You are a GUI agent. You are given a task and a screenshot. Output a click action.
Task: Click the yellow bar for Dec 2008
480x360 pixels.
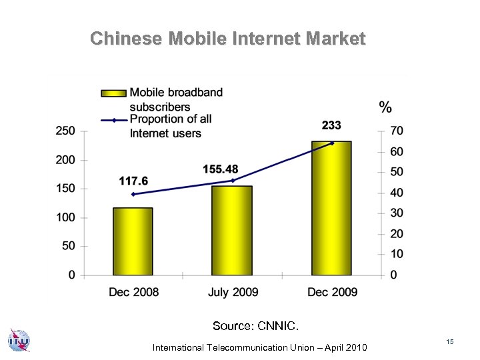pyautogui.click(x=133, y=241)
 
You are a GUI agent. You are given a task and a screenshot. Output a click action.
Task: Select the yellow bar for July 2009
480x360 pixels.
pyautogui.click(x=232, y=230)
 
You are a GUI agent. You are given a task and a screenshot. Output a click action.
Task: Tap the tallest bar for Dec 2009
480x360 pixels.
pyautogui.click(x=331, y=208)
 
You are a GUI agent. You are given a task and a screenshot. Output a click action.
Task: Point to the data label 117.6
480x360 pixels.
pyautogui.click(x=133, y=181)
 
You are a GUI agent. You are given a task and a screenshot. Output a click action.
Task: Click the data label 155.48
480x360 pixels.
pyautogui.click(x=221, y=169)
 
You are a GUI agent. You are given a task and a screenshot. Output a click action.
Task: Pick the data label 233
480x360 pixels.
pyautogui.click(x=331, y=125)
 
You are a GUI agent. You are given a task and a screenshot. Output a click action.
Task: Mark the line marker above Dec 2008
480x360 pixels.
pyautogui.click(x=133, y=194)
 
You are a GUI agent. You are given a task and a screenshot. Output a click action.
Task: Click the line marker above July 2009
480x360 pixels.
pyautogui.click(x=233, y=180)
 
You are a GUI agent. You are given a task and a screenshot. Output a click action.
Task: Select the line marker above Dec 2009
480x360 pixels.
pyautogui.click(x=332, y=143)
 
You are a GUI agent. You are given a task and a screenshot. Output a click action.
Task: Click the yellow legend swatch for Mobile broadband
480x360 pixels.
pyautogui.click(x=113, y=93)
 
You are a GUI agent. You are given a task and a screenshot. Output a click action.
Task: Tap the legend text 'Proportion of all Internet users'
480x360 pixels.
pyautogui.click(x=170, y=126)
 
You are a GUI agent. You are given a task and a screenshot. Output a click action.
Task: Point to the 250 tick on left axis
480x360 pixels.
pyautogui.click(x=65, y=131)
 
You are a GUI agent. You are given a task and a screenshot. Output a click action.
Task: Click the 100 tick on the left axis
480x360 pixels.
pyautogui.click(x=65, y=217)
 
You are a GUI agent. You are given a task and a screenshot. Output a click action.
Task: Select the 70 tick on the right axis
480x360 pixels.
pyautogui.click(x=397, y=131)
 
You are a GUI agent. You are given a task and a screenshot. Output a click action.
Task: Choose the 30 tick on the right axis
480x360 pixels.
pyautogui.click(x=397, y=213)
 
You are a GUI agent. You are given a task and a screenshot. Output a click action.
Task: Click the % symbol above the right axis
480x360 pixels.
pyautogui.click(x=385, y=107)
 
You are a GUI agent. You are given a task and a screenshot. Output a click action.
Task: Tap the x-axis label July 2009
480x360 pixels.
pyautogui.click(x=233, y=292)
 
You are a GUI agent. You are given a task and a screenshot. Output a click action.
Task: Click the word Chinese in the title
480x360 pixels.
pyautogui.click(x=126, y=39)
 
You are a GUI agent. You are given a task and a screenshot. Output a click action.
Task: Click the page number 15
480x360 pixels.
pyautogui.click(x=450, y=341)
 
